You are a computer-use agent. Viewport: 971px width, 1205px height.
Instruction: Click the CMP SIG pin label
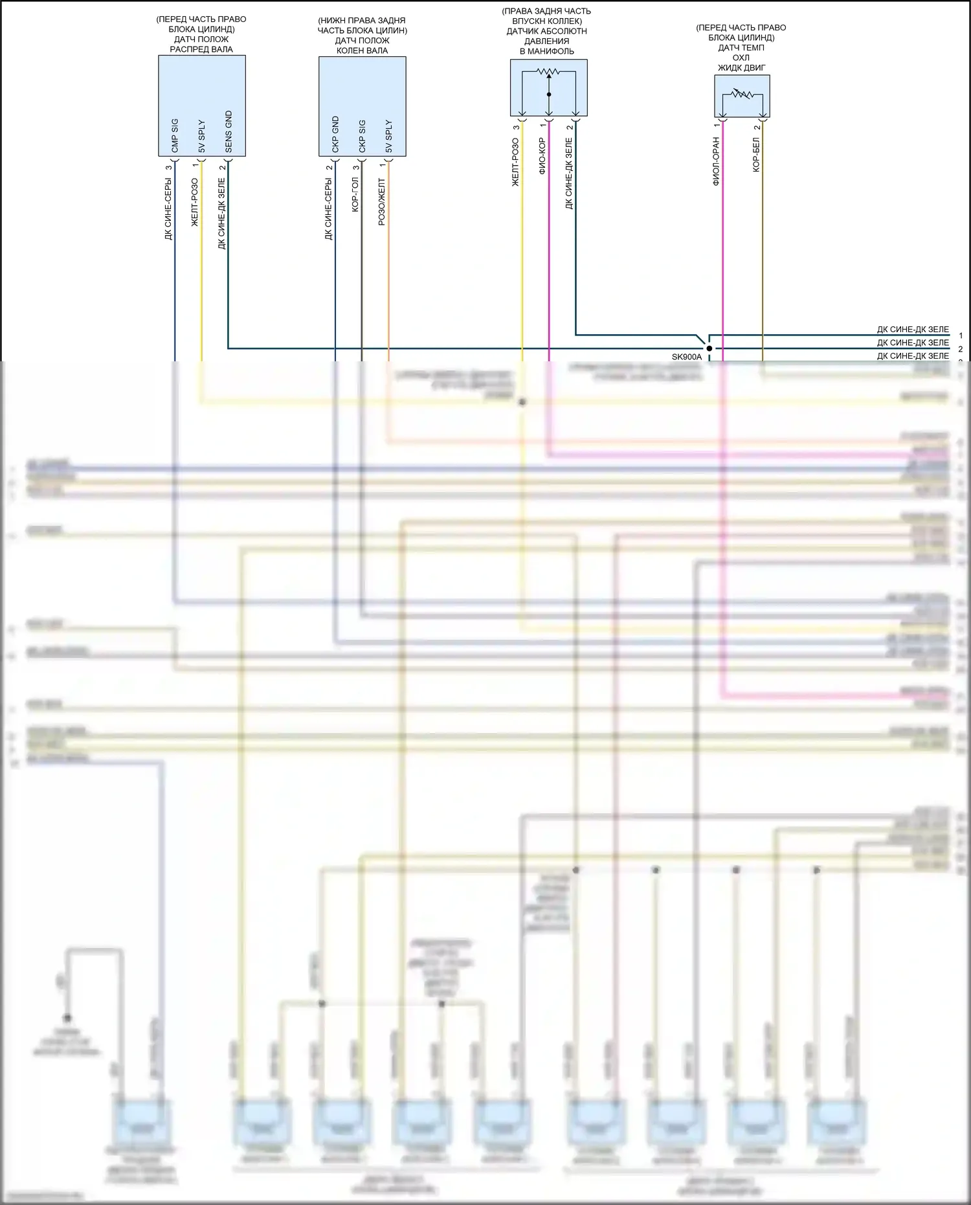tap(175, 136)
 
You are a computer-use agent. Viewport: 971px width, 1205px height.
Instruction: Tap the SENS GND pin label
tap(229, 132)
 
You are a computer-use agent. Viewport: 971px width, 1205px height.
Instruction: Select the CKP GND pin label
tap(335, 135)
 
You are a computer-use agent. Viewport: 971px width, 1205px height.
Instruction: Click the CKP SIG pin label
tap(362, 137)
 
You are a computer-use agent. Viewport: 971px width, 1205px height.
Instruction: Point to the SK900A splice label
tap(686, 357)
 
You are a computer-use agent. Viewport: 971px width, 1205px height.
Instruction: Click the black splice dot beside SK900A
tap(709, 348)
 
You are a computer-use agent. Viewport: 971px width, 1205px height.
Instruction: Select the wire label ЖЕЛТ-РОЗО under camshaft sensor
tap(195, 203)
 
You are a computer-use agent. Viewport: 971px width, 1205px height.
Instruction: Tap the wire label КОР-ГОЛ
tap(355, 195)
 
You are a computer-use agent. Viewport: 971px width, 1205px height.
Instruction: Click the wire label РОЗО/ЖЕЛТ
tap(382, 202)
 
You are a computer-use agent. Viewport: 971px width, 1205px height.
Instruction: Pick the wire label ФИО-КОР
tap(542, 156)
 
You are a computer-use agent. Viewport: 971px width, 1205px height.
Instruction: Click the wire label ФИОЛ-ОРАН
tap(716, 161)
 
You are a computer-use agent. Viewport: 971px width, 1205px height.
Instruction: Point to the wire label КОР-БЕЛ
tap(756, 154)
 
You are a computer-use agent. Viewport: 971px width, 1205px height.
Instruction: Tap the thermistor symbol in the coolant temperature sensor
tap(742, 95)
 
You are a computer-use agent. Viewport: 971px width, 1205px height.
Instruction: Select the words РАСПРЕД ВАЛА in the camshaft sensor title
tap(201, 49)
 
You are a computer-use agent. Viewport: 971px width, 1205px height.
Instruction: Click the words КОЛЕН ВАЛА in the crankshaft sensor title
tap(362, 51)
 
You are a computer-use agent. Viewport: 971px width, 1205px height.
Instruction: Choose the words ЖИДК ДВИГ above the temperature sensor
tap(741, 67)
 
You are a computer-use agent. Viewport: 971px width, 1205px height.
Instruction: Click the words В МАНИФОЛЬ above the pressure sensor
tap(547, 51)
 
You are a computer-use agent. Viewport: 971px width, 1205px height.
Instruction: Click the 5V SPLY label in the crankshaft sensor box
tap(388, 137)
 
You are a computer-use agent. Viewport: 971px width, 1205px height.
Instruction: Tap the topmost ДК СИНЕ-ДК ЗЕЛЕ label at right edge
tap(912, 330)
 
